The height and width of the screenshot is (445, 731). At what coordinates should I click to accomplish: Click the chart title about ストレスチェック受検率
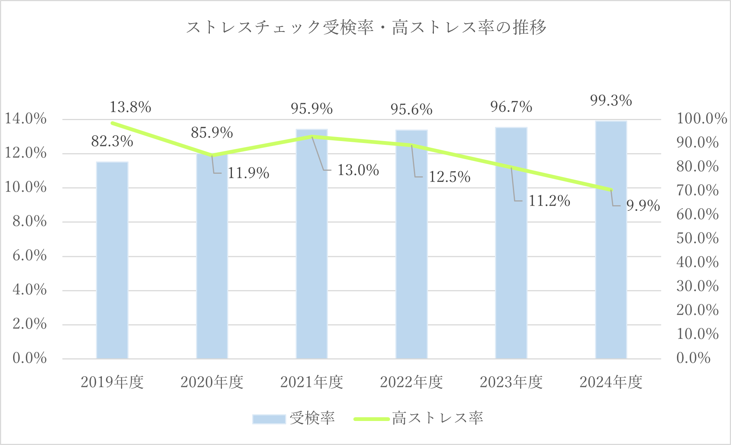[366, 28]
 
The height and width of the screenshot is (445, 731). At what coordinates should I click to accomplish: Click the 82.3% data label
[112, 141]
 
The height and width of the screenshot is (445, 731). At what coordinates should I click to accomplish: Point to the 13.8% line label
[130, 107]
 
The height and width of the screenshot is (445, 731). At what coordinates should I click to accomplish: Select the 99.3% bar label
[611, 101]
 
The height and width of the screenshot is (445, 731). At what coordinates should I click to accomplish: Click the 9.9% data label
[643, 206]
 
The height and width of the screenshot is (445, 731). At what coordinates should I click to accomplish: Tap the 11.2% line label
[549, 201]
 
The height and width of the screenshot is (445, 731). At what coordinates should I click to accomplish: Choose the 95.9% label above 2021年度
[312, 109]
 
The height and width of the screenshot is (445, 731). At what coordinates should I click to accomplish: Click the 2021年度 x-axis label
[312, 382]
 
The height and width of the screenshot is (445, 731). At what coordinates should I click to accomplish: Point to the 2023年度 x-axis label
[511, 382]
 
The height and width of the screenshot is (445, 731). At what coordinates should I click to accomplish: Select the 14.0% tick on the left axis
[25, 119]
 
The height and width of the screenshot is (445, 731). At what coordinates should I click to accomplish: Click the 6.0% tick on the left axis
[29, 256]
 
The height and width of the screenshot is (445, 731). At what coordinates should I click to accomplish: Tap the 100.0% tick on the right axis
[701, 119]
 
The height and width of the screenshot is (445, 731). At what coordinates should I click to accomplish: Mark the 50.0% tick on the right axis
[697, 238]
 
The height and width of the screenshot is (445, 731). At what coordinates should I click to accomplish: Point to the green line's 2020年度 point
[212, 155]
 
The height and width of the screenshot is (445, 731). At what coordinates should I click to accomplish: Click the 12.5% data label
[449, 177]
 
